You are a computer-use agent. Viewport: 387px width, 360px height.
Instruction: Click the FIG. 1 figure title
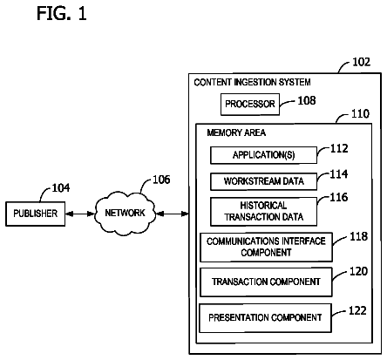tap(62, 14)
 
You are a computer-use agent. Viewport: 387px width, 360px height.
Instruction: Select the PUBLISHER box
tap(36, 214)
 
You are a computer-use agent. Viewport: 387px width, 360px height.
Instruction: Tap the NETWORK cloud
tap(125, 213)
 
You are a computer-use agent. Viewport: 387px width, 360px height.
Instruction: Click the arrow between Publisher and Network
tap(80, 214)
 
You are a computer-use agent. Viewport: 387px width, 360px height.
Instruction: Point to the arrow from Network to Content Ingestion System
tap(173, 214)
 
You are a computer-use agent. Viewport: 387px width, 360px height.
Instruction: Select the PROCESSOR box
tap(250, 104)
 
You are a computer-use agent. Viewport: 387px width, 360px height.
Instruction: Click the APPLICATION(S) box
tap(263, 155)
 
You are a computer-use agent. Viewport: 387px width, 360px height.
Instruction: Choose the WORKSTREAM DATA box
tap(263, 181)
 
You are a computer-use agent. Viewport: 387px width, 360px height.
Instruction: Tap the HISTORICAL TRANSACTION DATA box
tap(263, 212)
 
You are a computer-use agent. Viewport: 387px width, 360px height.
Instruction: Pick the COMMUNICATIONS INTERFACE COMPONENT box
tap(266, 247)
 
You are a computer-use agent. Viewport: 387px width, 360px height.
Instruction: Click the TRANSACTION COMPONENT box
tap(266, 282)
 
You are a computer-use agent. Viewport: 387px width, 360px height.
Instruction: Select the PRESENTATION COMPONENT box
tap(265, 318)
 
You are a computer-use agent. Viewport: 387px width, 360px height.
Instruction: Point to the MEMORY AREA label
tap(236, 133)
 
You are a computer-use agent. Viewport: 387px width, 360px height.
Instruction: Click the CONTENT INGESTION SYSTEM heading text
tap(252, 82)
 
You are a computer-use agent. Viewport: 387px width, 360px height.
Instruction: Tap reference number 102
tap(361, 62)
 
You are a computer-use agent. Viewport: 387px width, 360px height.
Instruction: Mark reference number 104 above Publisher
tap(61, 188)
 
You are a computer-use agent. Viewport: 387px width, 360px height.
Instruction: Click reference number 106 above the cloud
tap(161, 180)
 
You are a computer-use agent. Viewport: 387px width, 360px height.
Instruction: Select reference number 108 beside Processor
tap(307, 100)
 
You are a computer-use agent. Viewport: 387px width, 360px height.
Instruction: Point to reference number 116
tap(339, 197)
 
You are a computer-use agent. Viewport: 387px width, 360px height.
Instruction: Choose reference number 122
tap(357, 310)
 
